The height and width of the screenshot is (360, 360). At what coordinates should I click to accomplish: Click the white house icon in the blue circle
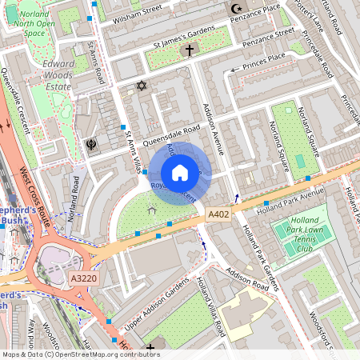click(180, 173)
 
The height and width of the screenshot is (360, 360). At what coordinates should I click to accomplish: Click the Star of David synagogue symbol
click(142, 85)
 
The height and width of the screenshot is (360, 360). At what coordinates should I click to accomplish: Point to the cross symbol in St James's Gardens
click(190, 50)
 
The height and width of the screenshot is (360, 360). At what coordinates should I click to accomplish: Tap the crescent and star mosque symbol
click(236, 9)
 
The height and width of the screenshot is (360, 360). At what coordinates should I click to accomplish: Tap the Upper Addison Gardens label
click(157, 306)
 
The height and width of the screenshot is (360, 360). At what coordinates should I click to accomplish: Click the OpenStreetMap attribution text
click(81, 354)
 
